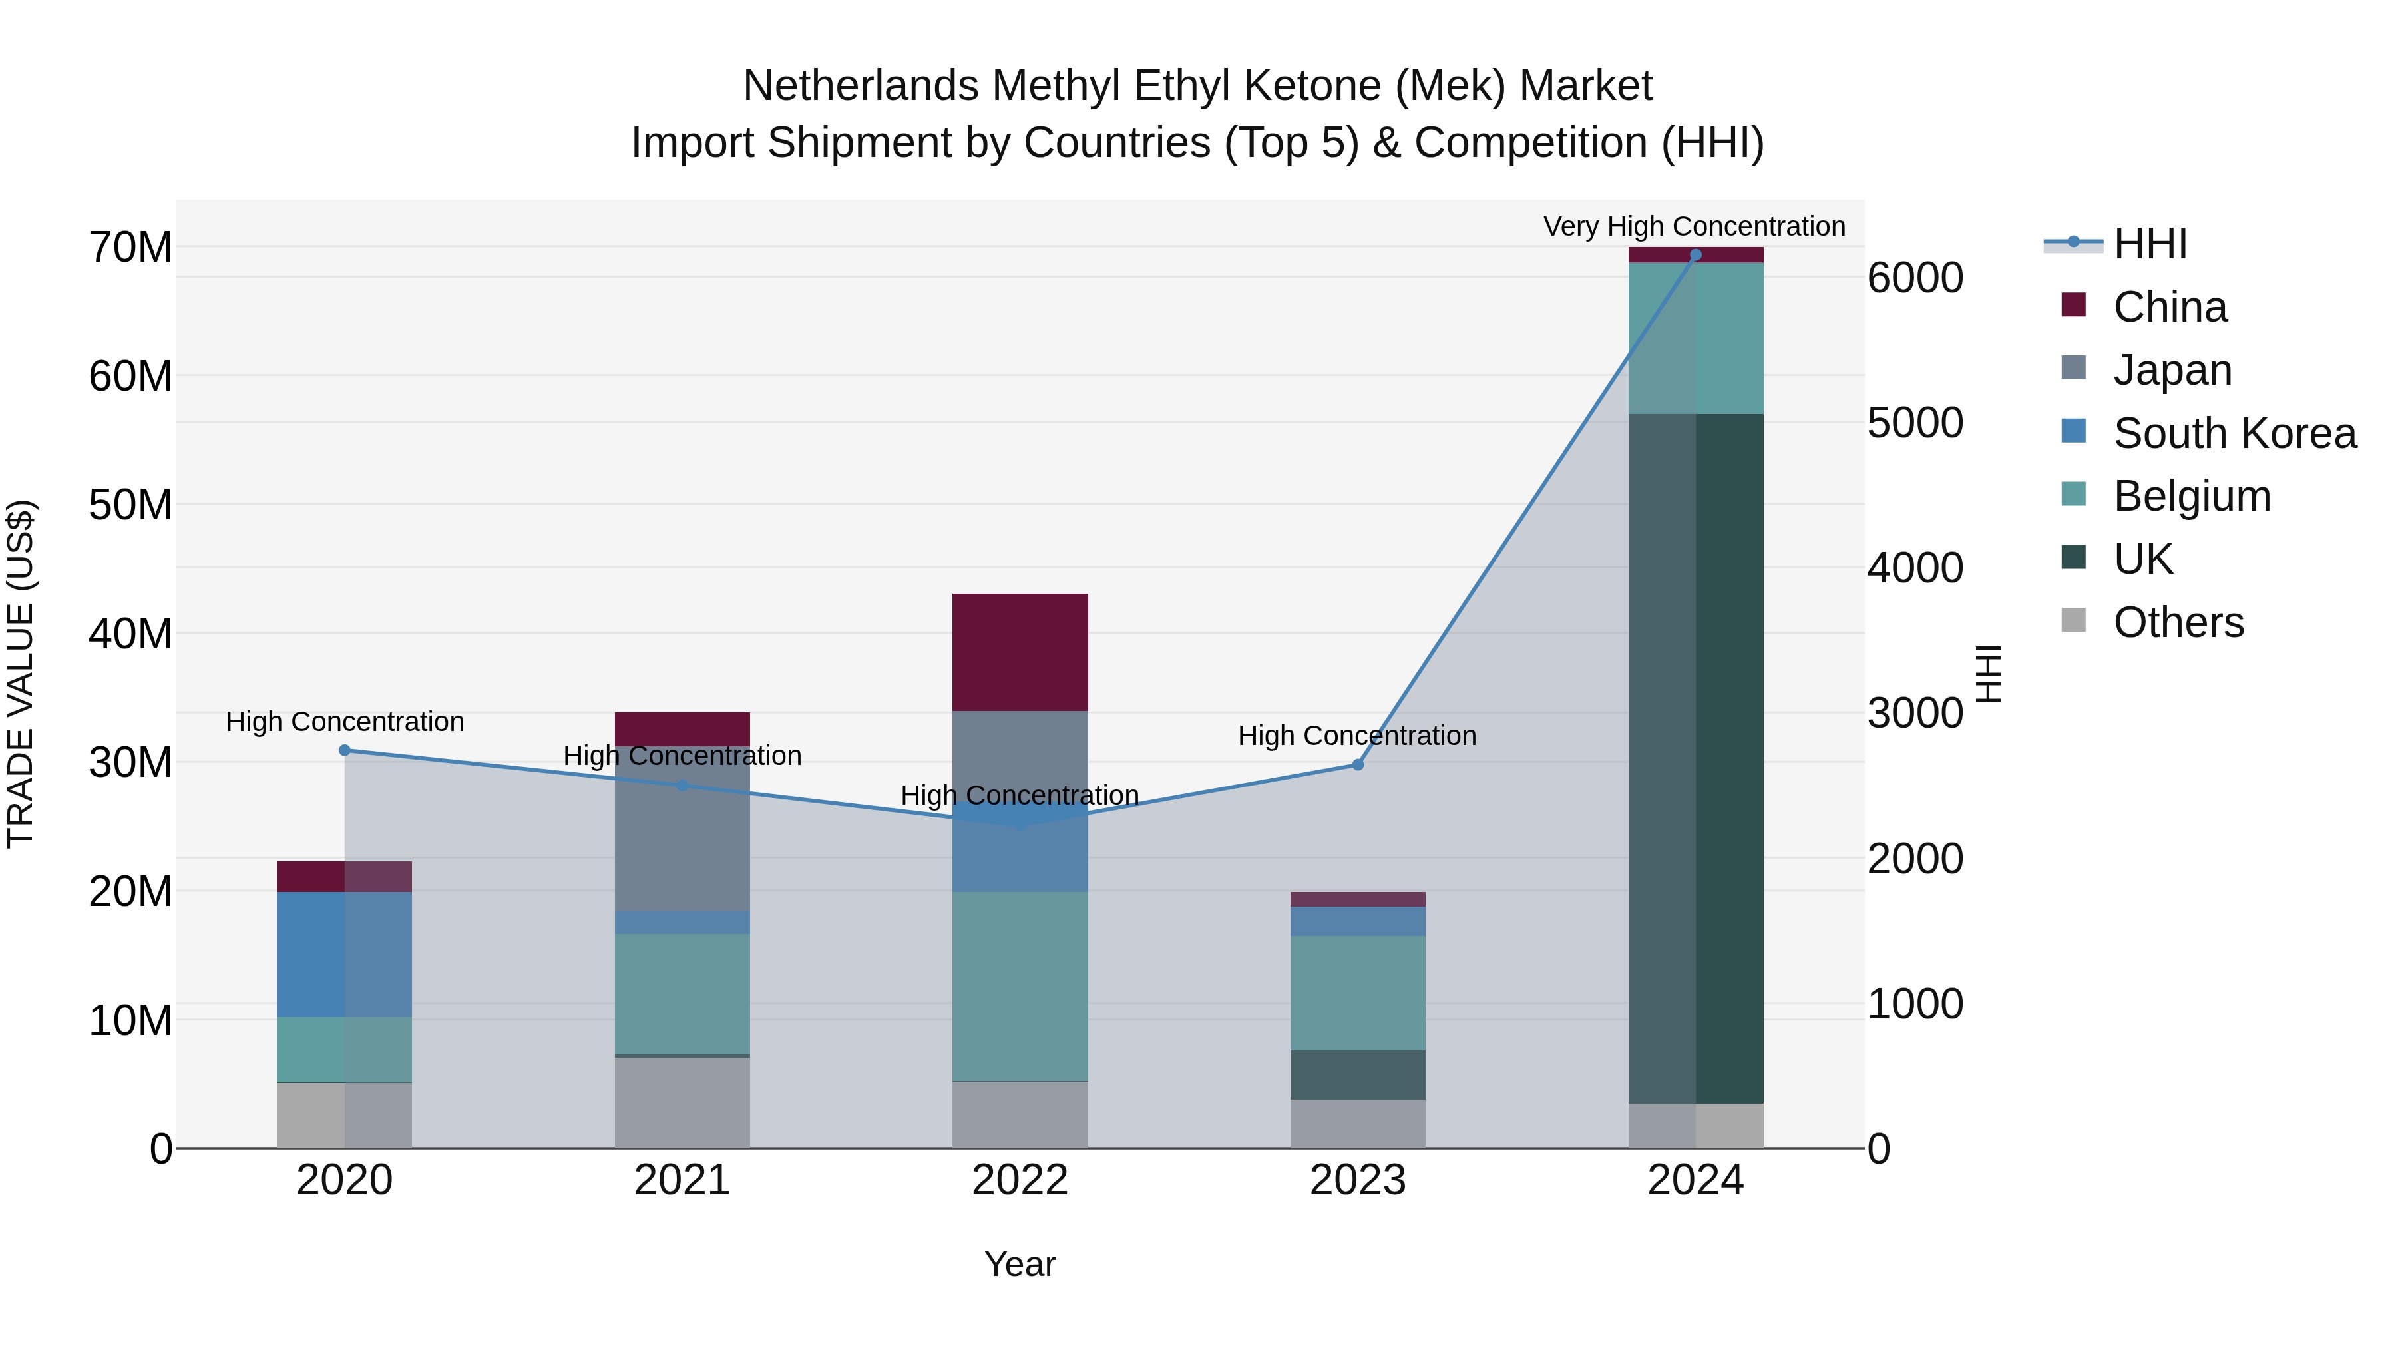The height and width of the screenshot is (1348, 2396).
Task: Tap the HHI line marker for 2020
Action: point(344,750)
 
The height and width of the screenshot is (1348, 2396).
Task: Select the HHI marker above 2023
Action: point(1357,765)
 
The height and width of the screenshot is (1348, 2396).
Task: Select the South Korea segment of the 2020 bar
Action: point(344,955)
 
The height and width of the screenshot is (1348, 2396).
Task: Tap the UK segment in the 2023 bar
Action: point(1357,1074)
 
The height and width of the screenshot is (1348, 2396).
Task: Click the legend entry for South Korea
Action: point(2234,433)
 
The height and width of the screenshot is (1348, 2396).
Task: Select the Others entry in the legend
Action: point(2178,622)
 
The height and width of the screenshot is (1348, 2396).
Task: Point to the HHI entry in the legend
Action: point(2150,244)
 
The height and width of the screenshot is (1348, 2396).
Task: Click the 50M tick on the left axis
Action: point(130,505)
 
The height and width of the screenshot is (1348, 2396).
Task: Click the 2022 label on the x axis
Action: point(1020,1180)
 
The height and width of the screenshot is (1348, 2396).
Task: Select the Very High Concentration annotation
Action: point(1694,226)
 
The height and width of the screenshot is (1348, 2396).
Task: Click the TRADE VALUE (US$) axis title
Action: point(21,674)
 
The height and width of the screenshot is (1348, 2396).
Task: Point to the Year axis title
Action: point(1020,1264)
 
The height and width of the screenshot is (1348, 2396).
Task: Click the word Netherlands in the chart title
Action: point(859,86)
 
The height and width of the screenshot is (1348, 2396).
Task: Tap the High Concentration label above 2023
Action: point(1356,736)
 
